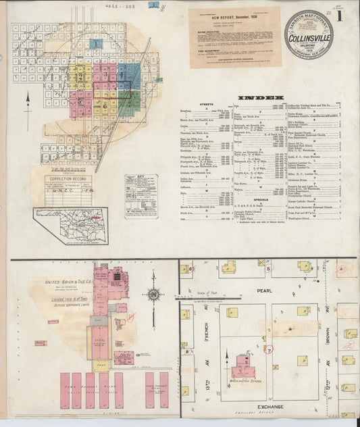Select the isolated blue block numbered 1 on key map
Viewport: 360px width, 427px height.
tap(96, 44)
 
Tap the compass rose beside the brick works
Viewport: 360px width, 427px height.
tap(155, 294)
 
